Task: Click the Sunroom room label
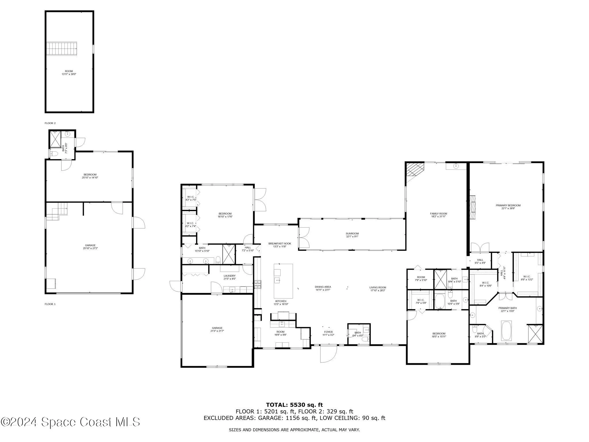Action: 352,235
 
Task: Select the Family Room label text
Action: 438,215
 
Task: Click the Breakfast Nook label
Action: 280,245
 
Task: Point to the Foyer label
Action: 328,334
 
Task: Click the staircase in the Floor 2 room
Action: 62,48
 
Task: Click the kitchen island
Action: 283,281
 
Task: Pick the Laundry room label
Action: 230,277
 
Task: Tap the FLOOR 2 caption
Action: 50,123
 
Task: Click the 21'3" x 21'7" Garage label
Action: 217,329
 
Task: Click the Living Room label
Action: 378,289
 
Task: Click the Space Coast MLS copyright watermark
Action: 70,422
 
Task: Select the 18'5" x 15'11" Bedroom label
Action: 439,335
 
